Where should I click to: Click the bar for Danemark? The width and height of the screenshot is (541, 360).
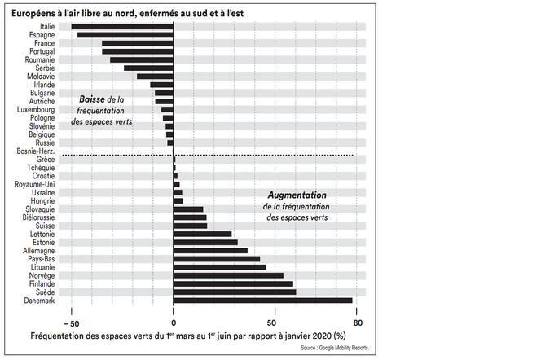(x=263, y=301)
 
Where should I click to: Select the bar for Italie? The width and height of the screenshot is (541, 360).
(x=122, y=27)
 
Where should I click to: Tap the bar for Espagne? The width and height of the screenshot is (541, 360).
(x=125, y=35)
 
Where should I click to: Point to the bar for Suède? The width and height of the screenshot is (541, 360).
(x=235, y=292)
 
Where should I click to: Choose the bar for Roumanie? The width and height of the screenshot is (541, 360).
(x=142, y=59)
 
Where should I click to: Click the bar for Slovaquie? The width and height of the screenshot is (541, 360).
(x=188, y=209)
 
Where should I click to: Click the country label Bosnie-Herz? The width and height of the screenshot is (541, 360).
(x=35, y=151)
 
